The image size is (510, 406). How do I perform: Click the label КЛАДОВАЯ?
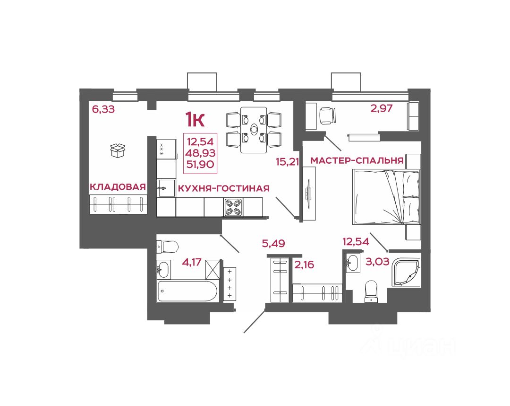pos(117,187)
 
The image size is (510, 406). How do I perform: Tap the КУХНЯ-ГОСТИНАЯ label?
pos(223,188)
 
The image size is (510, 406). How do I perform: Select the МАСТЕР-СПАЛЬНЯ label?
pos(357,161)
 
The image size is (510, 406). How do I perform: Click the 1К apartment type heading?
pos(195,120)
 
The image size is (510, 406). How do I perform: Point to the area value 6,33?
pos(103,110)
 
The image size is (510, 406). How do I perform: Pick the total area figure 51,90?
pos(201,164)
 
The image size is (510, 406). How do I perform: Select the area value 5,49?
pos(273,244)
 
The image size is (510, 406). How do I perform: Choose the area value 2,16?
pos(305,264)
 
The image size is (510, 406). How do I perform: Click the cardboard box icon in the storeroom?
pos(117,150)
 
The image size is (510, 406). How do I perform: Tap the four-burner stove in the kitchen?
pos(233,207)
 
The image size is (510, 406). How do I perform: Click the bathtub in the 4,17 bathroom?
pos(188,291)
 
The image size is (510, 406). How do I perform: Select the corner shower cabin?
pos(406,272)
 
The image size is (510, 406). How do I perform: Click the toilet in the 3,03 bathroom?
pos(371,291)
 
